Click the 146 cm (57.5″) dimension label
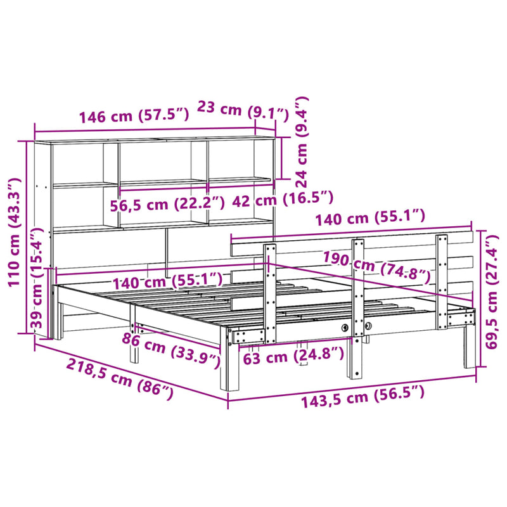[x=133, y=117]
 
